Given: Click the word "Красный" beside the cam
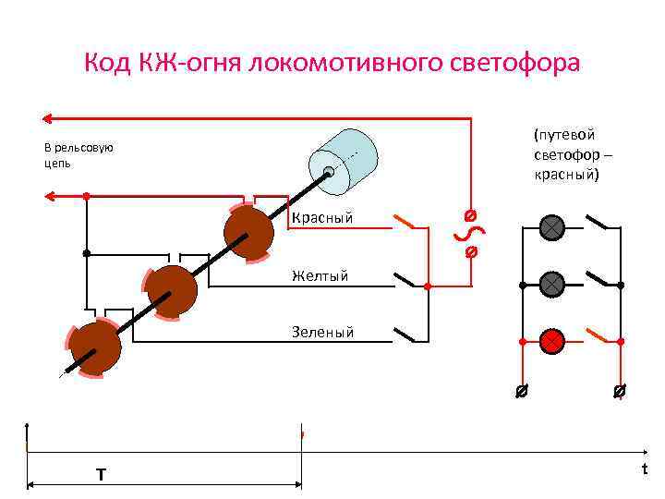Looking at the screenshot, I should point(322,219).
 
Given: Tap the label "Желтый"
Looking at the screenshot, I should point(320,274).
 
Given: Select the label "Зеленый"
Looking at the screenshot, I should point(322,332).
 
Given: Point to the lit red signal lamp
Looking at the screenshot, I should point(552,341).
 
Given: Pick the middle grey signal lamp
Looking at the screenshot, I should point(552,285).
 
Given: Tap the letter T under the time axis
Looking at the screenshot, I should point(101,474).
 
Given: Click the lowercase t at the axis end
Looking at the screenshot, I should point(645,469).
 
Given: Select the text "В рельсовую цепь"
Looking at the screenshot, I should point(79,155).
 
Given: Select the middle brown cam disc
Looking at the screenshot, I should point(170,291).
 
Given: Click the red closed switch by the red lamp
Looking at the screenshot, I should point(599,335).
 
